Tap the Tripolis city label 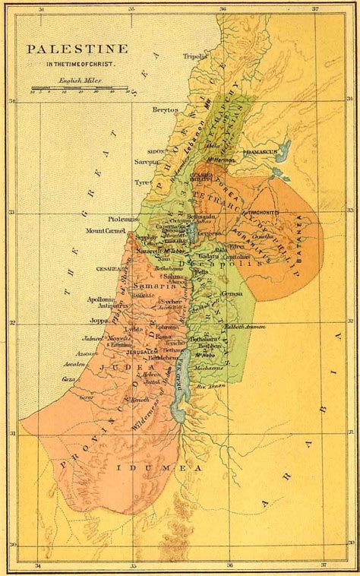point(195,56)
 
